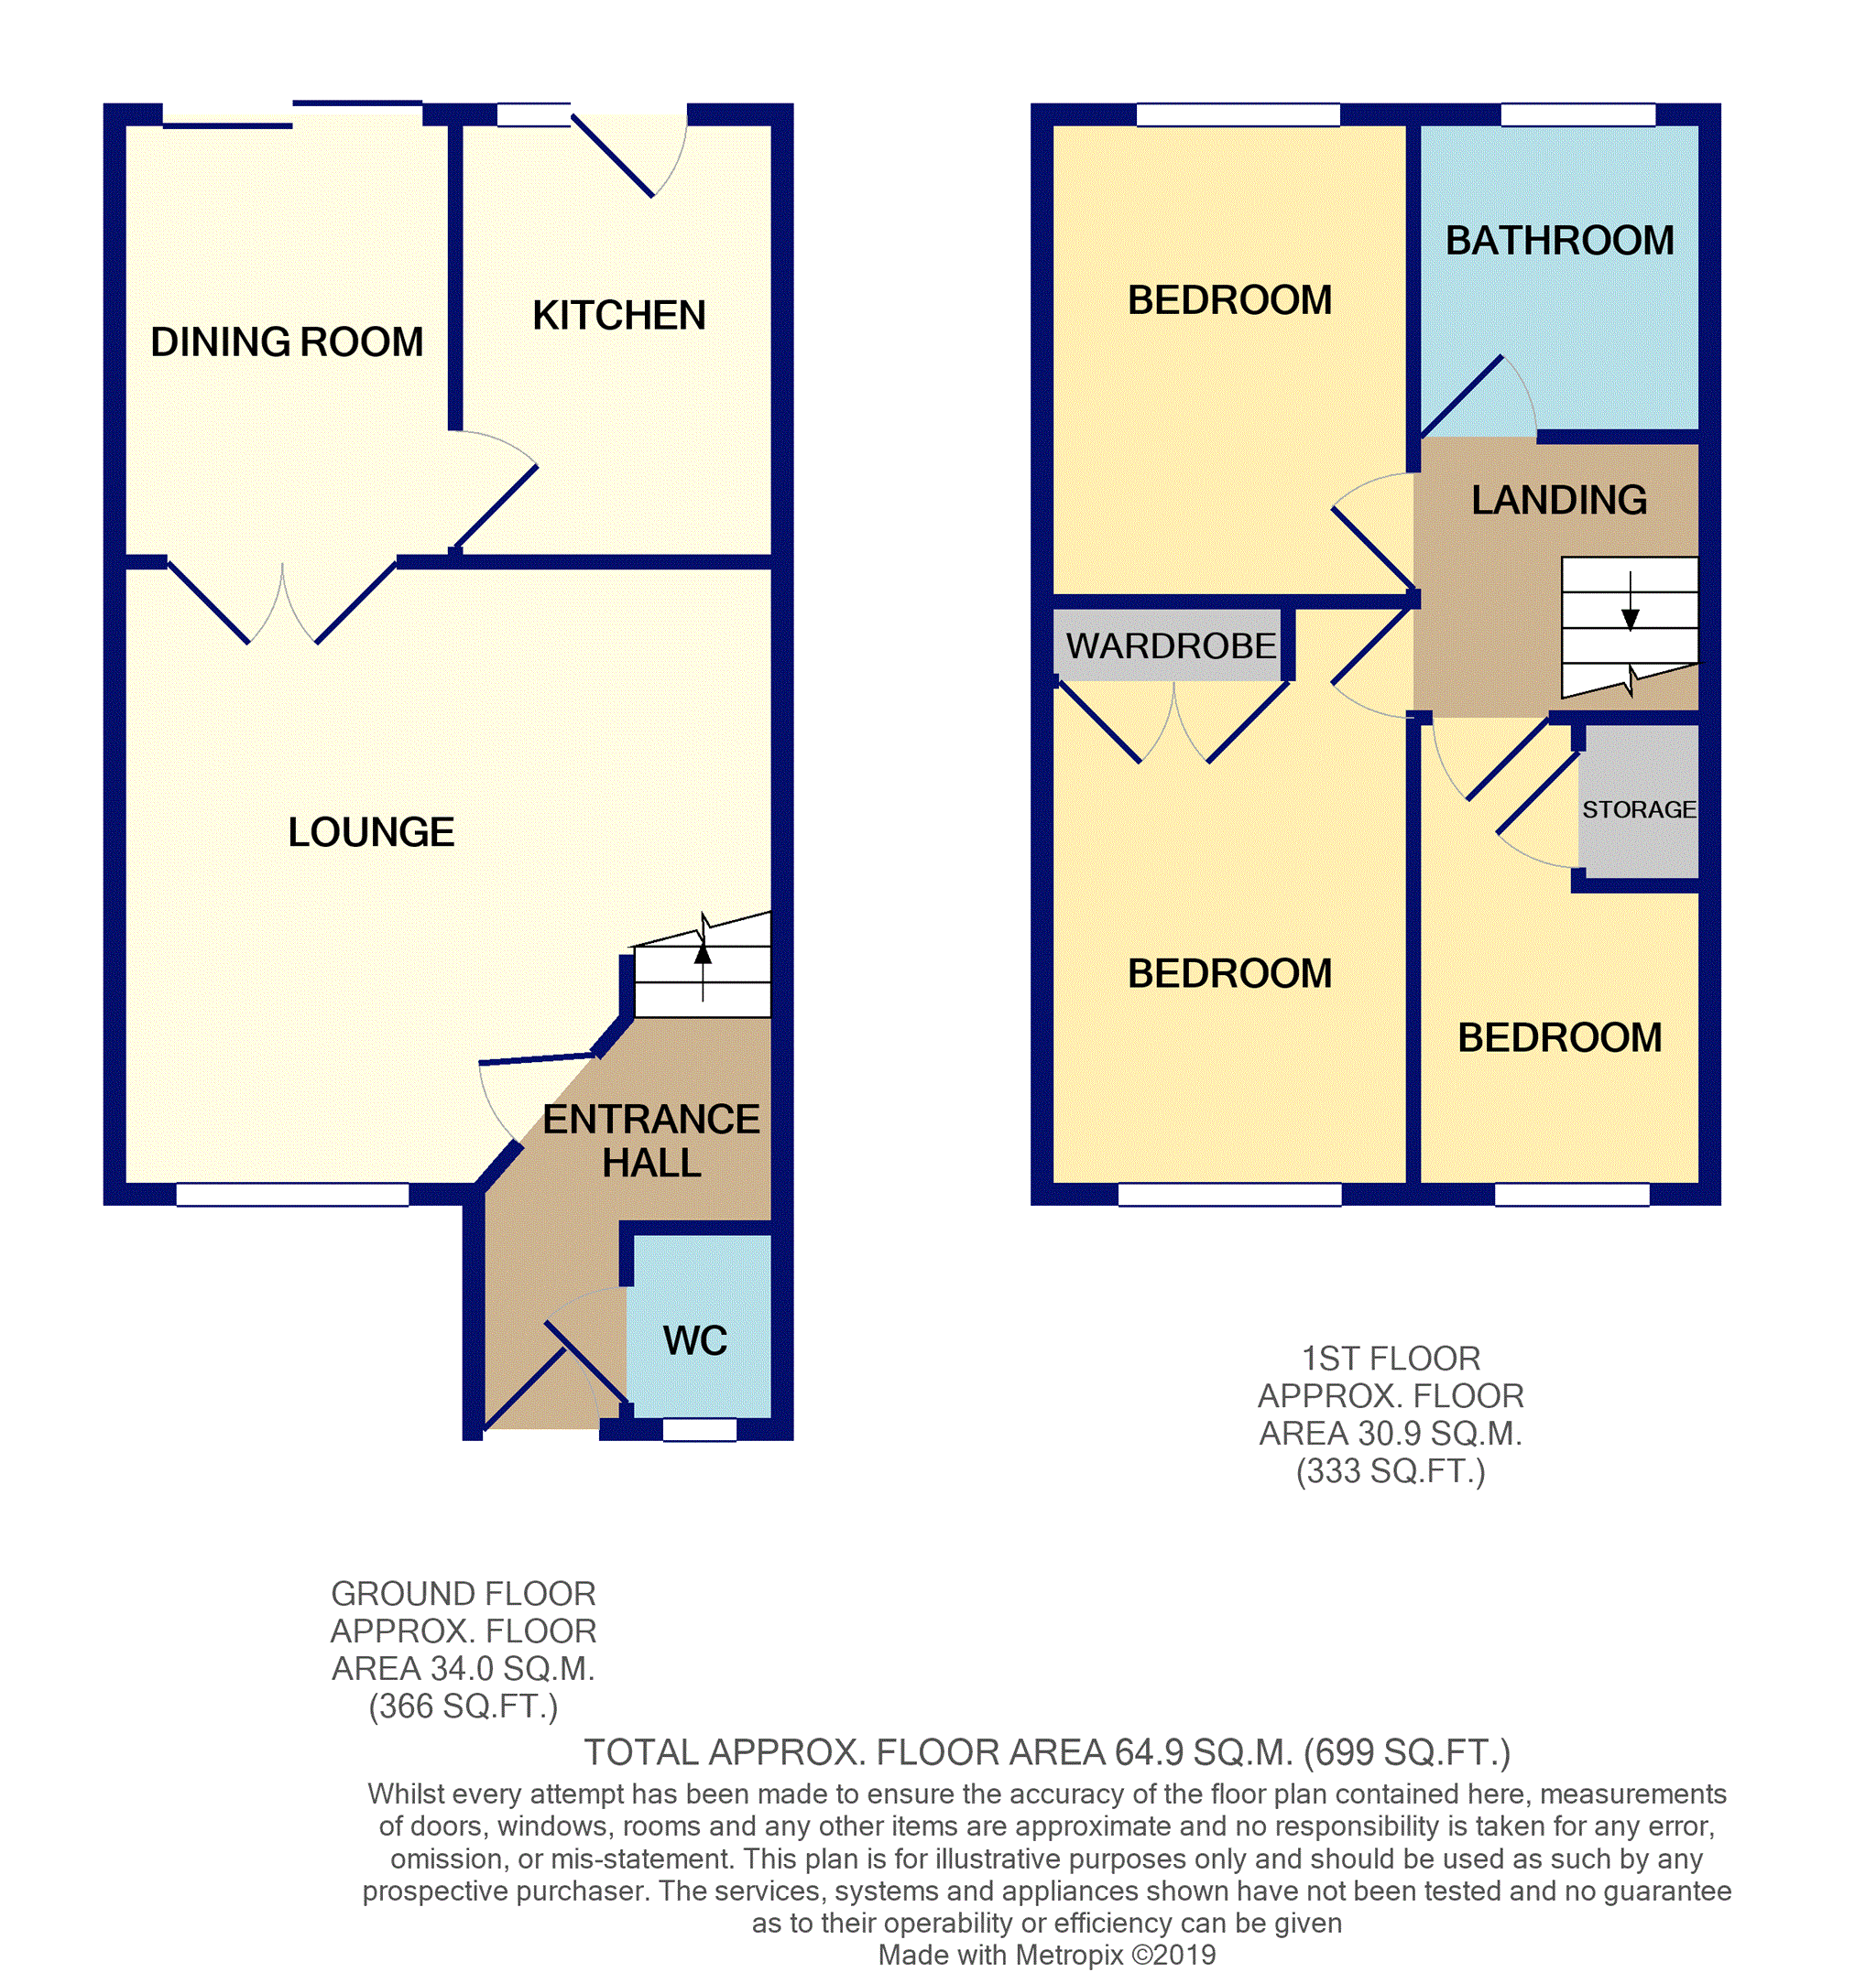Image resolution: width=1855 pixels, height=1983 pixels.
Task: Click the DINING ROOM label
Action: click(x=287, y=342)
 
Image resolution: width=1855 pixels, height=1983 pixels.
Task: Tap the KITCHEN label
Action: click(x=618, y=315)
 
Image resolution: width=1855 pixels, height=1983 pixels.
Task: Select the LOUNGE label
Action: click(x=371, y=832)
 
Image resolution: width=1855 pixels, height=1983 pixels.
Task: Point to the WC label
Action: click(x=695, y=1340)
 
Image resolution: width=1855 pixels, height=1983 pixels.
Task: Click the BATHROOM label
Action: click(x=1560, y=241)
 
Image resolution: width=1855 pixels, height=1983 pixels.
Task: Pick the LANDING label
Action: click(x=1558, y=500)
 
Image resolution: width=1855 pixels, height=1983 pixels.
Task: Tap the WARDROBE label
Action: click(x=1171, y=646)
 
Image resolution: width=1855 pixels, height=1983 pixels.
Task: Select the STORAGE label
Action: click(x=1639, y=809)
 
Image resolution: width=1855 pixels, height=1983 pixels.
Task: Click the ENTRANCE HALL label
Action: click(x=650, y=1141)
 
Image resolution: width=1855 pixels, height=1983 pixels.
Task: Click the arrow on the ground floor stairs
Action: click(x=703, y=955)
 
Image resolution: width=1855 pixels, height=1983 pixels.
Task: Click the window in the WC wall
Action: click(x=700, y=1429)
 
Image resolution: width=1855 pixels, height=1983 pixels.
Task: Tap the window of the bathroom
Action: click(x=1577, y=114)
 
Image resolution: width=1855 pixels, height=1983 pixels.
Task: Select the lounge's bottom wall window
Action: click(x=292, y=1194)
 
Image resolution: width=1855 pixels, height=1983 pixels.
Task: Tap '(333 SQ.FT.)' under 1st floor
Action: click(x=1390, y=1471)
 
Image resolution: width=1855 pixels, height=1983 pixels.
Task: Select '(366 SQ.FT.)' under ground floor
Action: click(x=463, y=1707)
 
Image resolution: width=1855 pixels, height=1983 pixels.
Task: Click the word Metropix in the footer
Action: click(x=1071, y=1955)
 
